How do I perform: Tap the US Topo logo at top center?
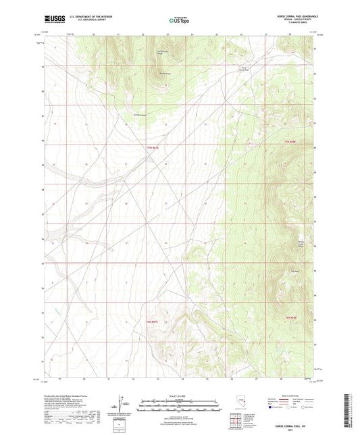coord(179,21)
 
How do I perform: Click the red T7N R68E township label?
coord(290,141)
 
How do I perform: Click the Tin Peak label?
coord(294,272)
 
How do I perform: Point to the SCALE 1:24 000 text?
coord(180,396)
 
